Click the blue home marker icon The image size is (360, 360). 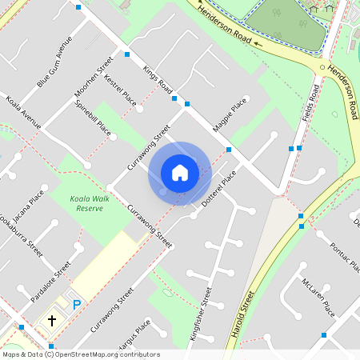[x=180, y=172]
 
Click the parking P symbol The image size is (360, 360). [x=78, y=304]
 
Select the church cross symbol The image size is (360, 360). [x=52, y=321]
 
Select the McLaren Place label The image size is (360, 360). [x=320, y=296]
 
